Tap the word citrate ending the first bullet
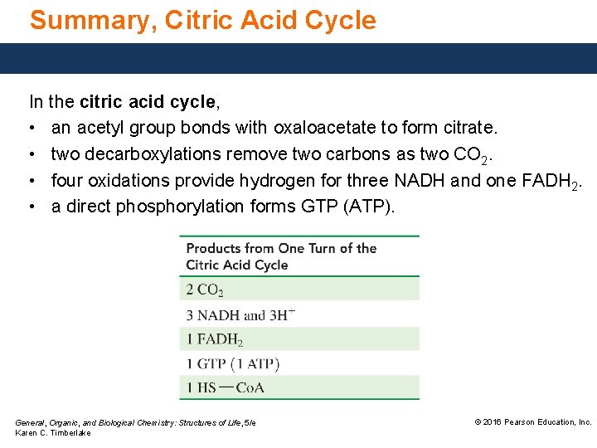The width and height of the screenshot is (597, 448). (x=468, y=128)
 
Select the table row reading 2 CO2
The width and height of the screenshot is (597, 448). (x=205, y=290)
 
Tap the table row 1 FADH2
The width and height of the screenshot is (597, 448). (x=215, y=338)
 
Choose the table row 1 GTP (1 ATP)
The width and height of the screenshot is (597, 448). (x=233, y=363)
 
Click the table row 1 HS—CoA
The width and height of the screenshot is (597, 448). (x=226, y=387)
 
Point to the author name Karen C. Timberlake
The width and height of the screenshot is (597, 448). (x=53, y=433)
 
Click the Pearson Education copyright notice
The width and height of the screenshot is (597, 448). (x=532, y=422)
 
